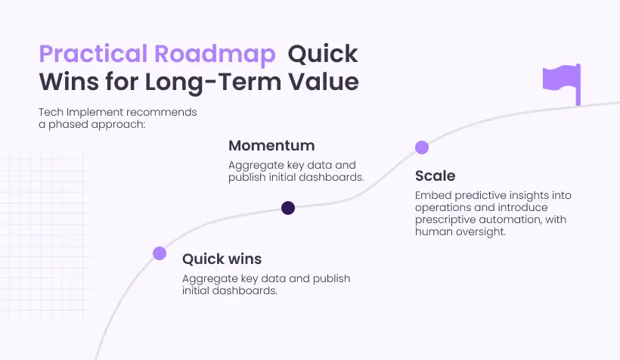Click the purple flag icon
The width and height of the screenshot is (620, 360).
(x=562, y=84)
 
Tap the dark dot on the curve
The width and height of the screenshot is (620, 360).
(x=288, y=208)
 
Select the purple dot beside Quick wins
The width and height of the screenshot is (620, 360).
(x=160, y=253)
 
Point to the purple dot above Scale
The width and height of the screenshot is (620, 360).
(x=422, y=147)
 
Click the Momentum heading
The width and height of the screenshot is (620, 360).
(x=271, y=145)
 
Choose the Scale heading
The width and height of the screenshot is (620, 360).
(x=436, y=175)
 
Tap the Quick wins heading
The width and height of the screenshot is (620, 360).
(x=222, y=259)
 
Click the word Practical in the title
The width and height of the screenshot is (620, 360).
(x=93, y=54)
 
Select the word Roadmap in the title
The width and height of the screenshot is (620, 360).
(x=215, y=54)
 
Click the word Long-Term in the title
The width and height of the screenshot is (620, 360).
(x=213, y=82)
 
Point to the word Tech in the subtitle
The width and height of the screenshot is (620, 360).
(x=51, y=112)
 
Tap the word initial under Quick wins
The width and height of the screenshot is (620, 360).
(x=196, y=290)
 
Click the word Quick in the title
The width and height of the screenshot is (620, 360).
(x=323, y=54)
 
